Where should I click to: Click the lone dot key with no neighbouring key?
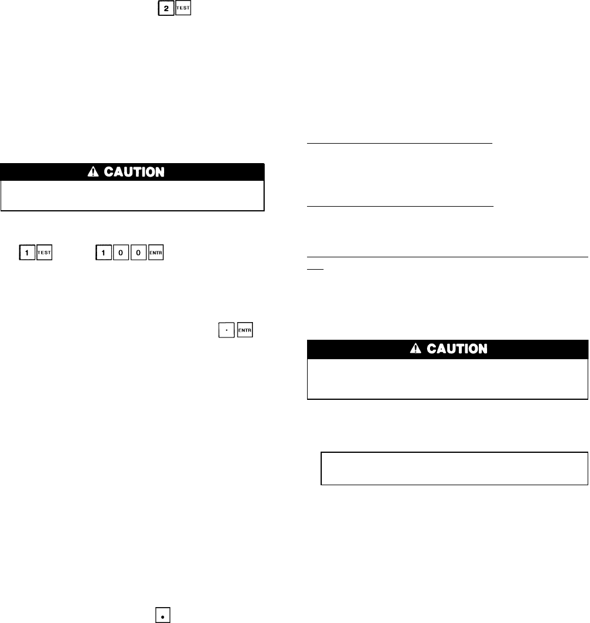[x=162, y=615]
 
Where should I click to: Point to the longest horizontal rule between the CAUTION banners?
[x=448, y=257]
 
